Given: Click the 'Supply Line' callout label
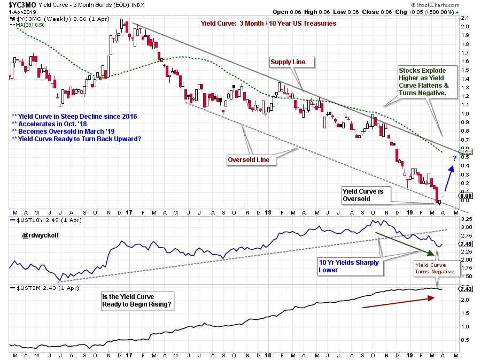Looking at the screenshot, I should (288, 62).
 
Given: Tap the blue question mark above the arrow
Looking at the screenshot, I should (454, 158).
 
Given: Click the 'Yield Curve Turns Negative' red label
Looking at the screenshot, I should (435, 268).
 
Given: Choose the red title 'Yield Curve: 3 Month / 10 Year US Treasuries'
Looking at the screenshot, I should (268, 23).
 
